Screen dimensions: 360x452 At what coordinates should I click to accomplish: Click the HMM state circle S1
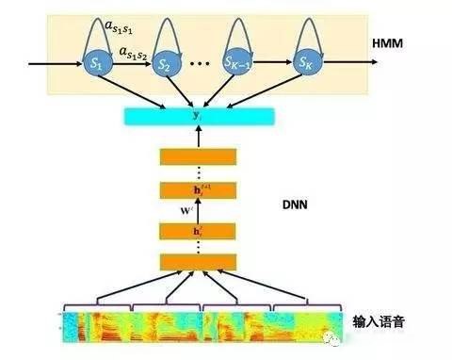click(94, 65)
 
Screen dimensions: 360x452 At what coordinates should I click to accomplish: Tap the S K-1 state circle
click(240, 65)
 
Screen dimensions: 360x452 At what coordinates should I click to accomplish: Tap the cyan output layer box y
click(198, 117)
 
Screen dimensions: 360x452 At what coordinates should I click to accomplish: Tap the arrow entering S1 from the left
click(52, 65)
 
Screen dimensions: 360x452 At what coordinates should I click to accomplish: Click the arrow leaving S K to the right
click(350, 65)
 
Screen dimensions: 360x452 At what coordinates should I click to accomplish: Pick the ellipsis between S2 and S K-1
click(201, 67)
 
